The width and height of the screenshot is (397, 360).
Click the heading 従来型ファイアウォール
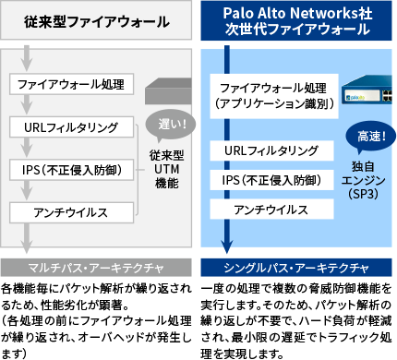tap(97, 19)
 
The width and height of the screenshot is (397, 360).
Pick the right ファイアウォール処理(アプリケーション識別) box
tap(271, 96)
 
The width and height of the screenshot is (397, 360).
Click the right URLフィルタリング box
tap(271, 150)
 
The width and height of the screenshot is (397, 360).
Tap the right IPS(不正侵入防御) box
tap(271, 180)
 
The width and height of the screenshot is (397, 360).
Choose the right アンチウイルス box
tap(271, 210)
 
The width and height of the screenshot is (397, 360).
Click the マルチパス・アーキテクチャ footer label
tap(97, 268)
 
